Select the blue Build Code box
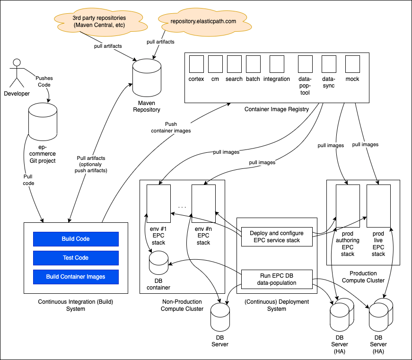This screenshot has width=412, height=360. coord(76,239)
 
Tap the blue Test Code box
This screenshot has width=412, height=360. coord(76,258)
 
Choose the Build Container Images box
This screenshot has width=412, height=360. coord(76,277)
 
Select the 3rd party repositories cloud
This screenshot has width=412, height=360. coord(99,21)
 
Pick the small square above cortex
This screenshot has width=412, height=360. coord(196,64)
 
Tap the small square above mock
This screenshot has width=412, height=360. coord(352,64)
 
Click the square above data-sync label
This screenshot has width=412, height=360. coord(329,64)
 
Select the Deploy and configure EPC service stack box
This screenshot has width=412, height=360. coord(277,237)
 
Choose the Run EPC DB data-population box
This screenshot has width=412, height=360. coord(277,279)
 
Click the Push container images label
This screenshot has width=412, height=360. coord(171,127)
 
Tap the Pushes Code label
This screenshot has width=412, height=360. coord(44,81)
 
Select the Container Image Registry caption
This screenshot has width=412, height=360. coord(276,109)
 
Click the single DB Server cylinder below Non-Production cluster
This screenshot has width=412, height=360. coord(220,318)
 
